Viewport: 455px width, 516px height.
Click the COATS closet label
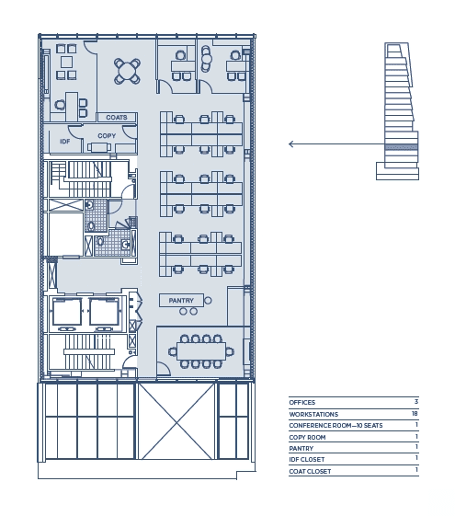pos(117,117)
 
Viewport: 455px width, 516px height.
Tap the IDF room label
pos(64,141)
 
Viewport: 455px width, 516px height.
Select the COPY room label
pos(107,135)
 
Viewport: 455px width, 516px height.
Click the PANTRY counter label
pos(181,301)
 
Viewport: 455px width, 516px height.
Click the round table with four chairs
pos(127,72)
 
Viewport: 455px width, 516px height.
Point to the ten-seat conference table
pos(201,351)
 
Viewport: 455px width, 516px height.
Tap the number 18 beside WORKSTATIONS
pos(415,413)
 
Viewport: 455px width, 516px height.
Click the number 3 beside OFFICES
pos(416,401)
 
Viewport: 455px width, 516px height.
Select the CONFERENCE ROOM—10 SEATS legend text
pos(336,426)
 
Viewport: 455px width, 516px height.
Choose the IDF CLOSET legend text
pos(307,459)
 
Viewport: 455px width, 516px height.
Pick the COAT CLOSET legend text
pos(310,471)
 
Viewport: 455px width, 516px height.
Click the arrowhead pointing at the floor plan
pos(290,143)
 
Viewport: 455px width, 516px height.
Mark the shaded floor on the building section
pos(402,147)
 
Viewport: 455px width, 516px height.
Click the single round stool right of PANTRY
pos(208,300)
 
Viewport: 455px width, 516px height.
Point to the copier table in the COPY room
pos(99,147)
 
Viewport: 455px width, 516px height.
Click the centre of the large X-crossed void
pos(176,421)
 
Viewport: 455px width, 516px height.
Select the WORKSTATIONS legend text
pos(313,414)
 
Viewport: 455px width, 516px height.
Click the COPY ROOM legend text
pos(307,437)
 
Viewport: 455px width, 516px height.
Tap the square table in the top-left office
pos(67,62)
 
